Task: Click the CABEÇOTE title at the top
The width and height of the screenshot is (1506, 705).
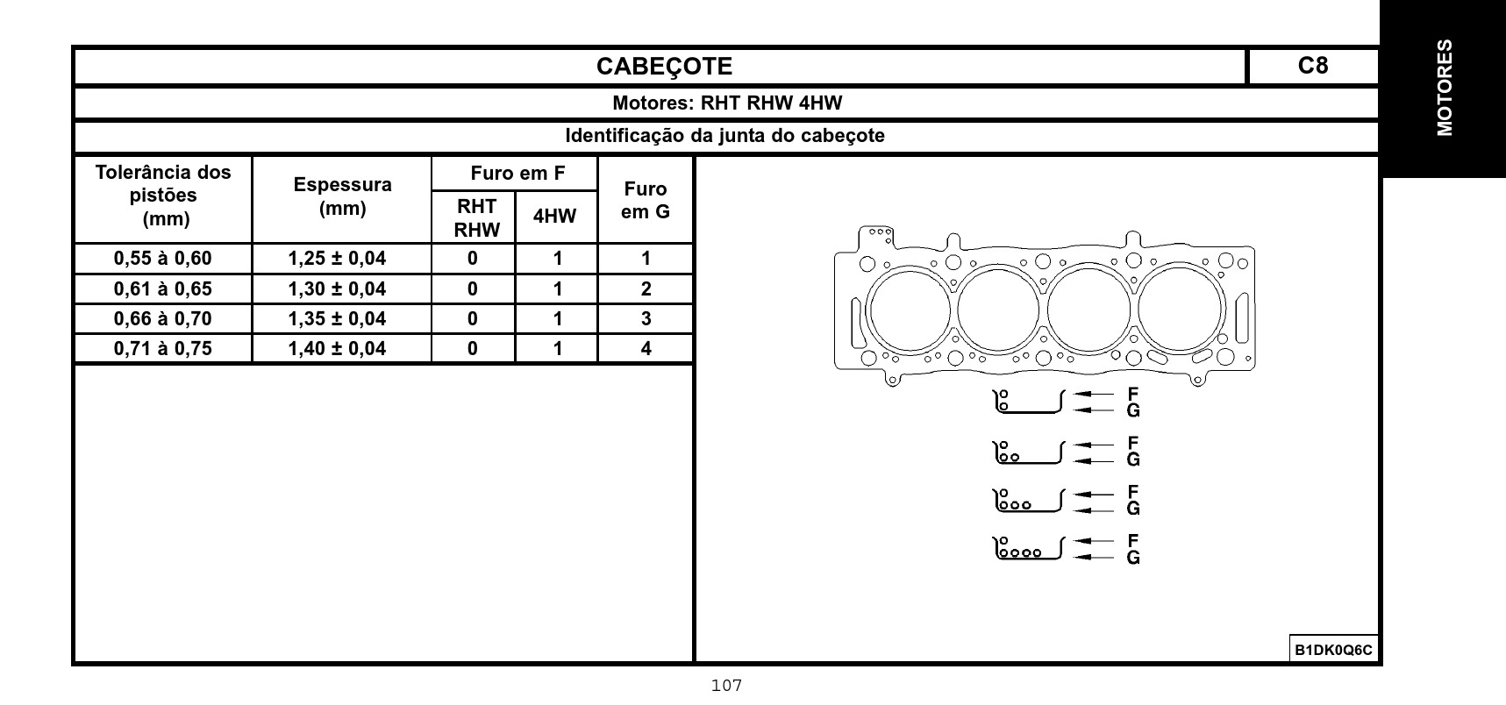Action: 664,67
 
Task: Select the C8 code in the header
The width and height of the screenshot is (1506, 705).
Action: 1312,66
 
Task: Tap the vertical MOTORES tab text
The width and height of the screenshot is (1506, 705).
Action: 1444,88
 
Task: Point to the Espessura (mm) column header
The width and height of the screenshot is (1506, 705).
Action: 342,196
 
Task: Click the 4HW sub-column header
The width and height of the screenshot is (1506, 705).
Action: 555,217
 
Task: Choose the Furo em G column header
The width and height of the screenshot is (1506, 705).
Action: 646,200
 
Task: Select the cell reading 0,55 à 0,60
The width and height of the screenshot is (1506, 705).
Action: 163,259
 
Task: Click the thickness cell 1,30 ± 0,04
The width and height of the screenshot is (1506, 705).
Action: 337,288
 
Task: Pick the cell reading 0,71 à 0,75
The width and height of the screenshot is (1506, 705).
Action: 163,349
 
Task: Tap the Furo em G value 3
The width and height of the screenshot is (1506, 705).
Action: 646,318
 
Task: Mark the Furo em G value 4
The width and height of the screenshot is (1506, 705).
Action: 646,349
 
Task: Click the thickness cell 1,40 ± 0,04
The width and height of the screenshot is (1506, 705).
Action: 337,349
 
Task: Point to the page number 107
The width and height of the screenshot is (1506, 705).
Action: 727,686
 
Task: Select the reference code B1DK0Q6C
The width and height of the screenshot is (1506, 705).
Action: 1333,650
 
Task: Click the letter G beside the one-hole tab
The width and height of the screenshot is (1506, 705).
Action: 1133,410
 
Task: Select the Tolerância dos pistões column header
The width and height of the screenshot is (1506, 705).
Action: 163,195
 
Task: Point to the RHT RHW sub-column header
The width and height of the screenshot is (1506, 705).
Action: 476,218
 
